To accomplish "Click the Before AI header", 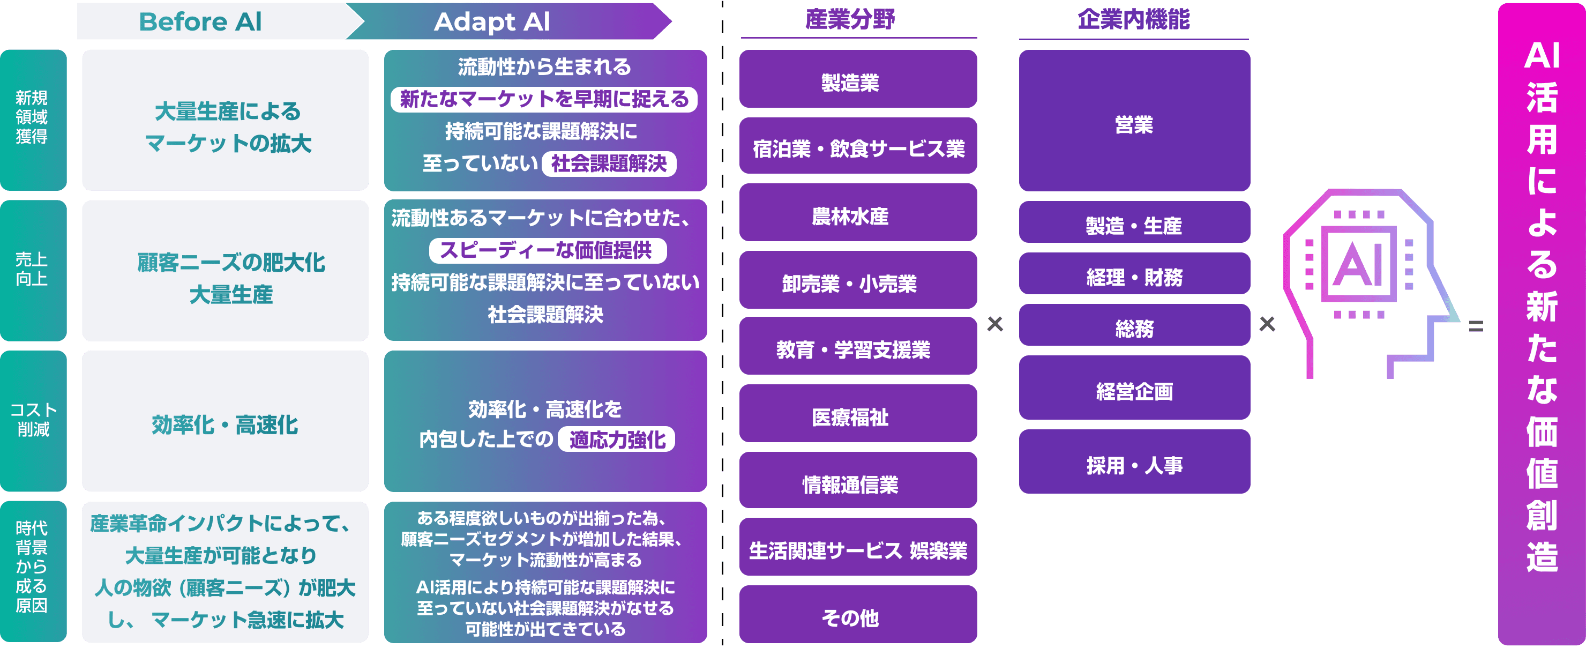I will [x=201, y=21].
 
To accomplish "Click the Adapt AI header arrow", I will [x=492, y=21].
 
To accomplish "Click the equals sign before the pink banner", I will [x=1476, y=326].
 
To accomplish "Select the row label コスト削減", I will [x=33, y=421].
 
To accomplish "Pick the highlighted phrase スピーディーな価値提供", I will [x=547, y=250].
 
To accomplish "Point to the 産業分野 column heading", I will [x=850, y=20].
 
